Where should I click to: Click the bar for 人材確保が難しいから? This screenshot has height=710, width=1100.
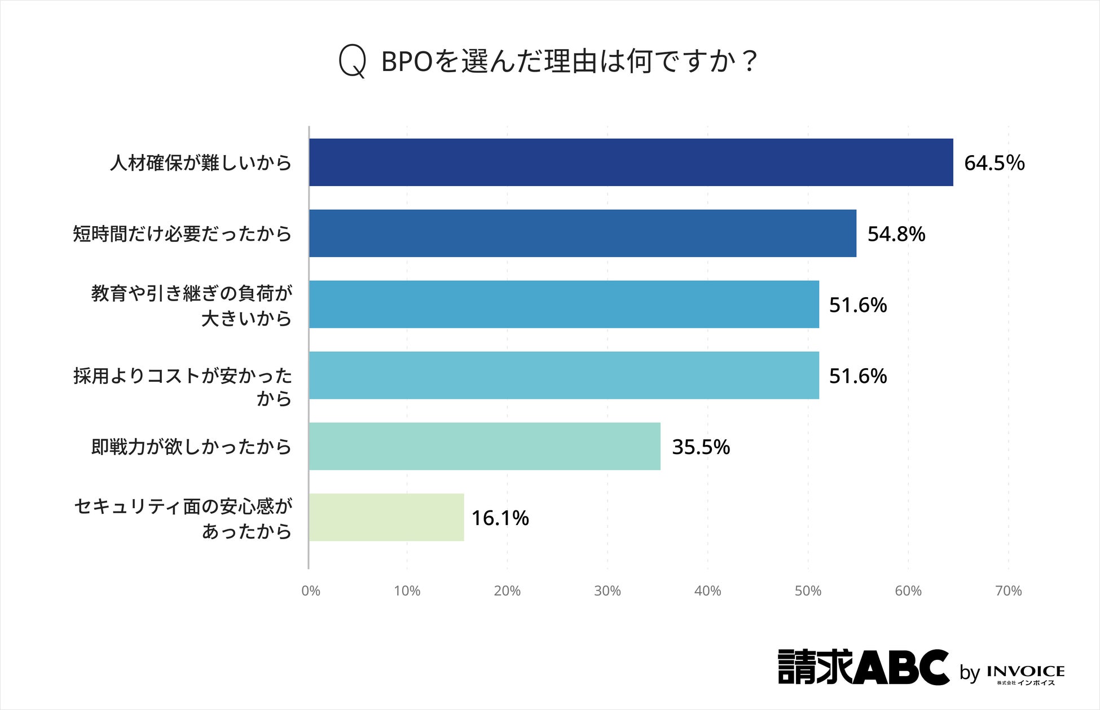coord(631,162)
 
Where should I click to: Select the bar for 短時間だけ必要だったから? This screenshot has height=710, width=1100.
coord(583,233)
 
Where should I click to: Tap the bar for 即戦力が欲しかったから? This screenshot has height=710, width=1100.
coord(485,446)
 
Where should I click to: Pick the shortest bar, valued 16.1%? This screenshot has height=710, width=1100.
coord(387,517)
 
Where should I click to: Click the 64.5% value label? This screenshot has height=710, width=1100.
coord(994,163)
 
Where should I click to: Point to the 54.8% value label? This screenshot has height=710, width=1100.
coord(896,234)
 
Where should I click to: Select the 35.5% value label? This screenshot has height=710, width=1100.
coord(701,447)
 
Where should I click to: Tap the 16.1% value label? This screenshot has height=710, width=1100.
coord(500,518)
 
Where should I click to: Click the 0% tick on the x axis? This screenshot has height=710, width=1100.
coord(311,591)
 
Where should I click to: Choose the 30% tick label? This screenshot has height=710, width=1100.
coord(608,591)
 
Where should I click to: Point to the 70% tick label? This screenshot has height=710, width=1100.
coord(1009,591)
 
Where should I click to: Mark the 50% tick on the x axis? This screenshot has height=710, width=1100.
coord(808,591)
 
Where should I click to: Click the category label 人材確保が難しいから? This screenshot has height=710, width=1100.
coord(201,163)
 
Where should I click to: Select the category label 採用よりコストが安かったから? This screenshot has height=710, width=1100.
coord(183,387)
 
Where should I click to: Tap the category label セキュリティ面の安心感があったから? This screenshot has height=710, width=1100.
coord(183,518)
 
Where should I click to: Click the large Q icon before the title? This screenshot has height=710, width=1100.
coord(353,61)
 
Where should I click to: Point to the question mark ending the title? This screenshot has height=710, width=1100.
coord(749,61)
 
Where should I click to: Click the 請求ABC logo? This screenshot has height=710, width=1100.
coord(864,667)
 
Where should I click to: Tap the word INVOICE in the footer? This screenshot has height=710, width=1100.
coord(1026,671)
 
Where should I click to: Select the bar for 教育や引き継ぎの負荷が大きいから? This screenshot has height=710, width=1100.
coord(564,305)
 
